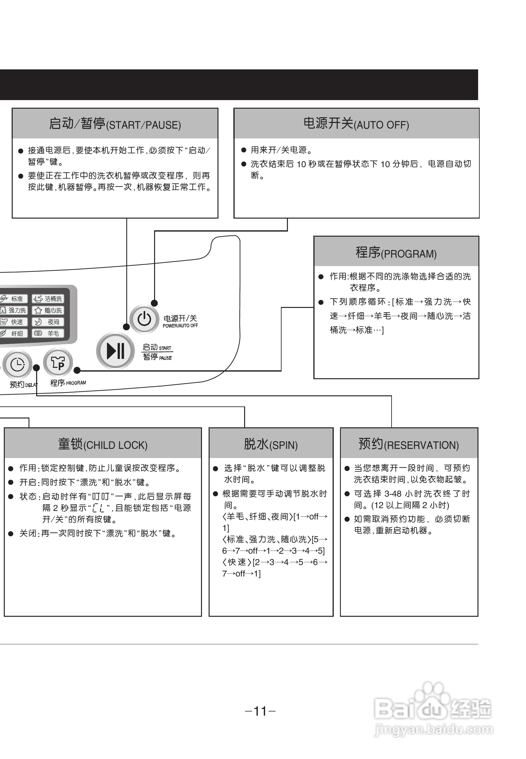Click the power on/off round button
coord(144,319)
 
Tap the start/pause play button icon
coord(115,350)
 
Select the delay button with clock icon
coord(17,365)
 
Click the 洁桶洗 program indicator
coord(48,299)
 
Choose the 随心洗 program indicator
coord(48,310)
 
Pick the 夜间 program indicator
coord(48,322)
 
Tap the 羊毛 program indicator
coord(48,333)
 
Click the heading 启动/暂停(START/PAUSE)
coord(115,124)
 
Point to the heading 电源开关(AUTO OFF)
coord(356,124)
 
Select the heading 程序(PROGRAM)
coord(396,252)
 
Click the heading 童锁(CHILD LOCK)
coord(102,444)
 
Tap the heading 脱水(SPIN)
coord(270,444)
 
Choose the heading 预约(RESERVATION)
coord(408,444)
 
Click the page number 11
coord(260,711)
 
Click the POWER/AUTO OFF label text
coord(180,326)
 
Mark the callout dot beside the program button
coord(77,370)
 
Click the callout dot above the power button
coord(154,303)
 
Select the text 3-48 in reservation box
coord(393,494)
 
